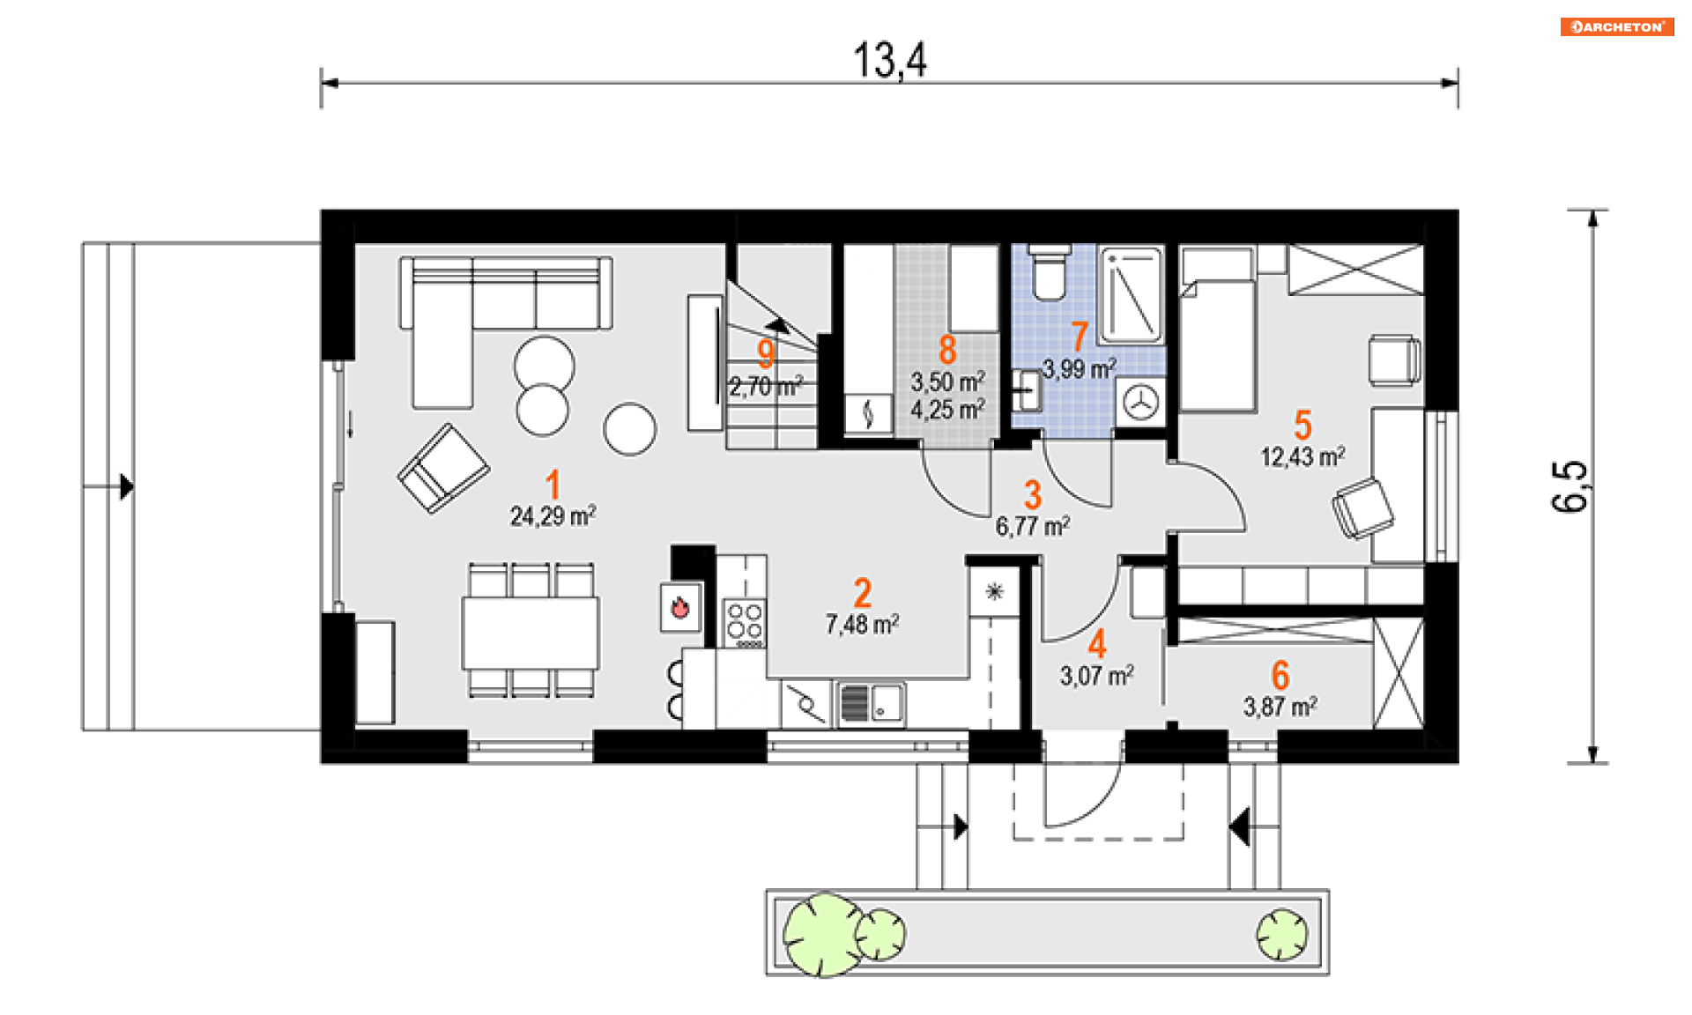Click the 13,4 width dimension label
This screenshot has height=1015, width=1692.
890,61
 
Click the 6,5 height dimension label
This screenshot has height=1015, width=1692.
1570,485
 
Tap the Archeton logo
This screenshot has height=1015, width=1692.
1617,26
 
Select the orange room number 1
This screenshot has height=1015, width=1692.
553,485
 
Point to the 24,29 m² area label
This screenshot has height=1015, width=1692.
553,516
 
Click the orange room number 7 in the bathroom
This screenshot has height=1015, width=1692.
1080,336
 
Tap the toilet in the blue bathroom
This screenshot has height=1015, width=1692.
1049,272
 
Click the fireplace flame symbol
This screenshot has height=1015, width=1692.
679,607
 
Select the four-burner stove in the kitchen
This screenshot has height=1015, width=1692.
744,623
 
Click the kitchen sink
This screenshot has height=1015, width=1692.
871,704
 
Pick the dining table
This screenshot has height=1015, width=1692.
531,633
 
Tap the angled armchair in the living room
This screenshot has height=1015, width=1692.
443,469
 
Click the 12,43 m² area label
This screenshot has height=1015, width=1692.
1302,457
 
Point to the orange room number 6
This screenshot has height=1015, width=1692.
1280,676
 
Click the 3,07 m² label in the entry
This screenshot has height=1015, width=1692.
1097,677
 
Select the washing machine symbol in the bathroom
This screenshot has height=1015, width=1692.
1142,404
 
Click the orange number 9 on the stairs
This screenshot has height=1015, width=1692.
766,353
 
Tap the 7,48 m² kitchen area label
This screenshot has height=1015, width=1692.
862,625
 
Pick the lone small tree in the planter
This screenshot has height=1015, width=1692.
1281,934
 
